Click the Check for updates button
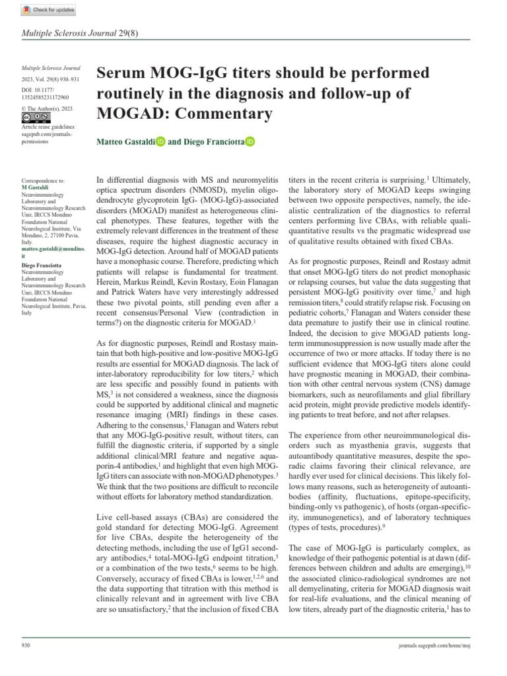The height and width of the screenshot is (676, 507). [50, 10]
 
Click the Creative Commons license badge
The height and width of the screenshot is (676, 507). [36, 118]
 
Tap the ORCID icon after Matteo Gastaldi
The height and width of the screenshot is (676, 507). [161, 141]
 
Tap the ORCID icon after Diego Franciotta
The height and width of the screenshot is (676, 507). [250, 141]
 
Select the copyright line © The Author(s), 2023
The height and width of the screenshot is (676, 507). [48, 108]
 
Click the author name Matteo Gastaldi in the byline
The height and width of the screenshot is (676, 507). [125, 141]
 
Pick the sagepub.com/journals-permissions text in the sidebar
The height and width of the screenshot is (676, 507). [45, 137]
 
